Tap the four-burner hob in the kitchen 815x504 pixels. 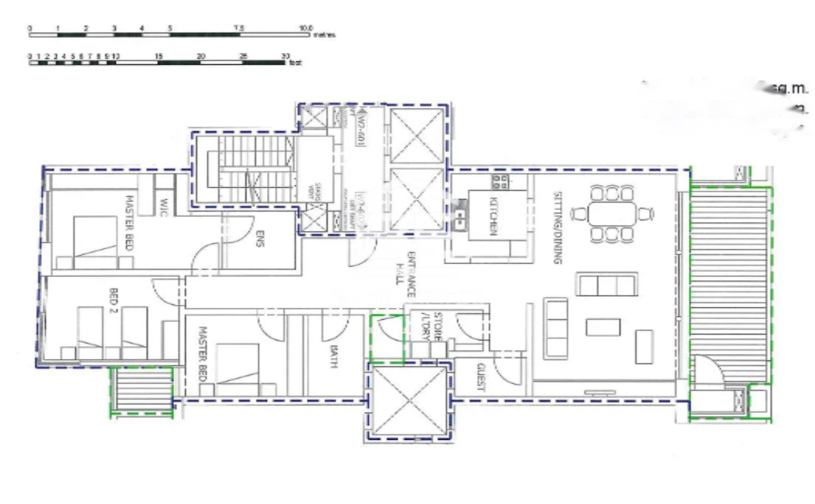[499, 181]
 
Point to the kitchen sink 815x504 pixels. [461, 214]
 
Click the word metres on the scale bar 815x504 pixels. [325, 35]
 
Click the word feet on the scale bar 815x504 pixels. [296, 63]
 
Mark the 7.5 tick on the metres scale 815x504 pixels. [239, 28]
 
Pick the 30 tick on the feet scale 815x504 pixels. [285, 56]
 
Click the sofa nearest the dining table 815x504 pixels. [607, 284]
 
